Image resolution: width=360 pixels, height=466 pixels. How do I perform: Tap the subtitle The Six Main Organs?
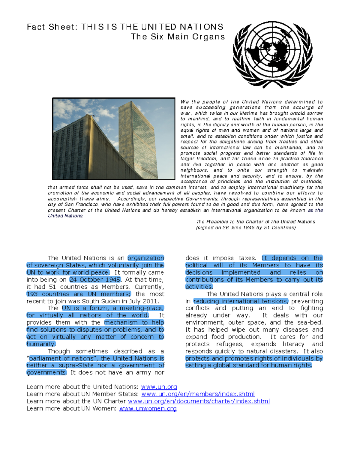tap(178, 37)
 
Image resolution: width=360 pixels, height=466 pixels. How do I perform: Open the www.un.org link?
tap(159, 387)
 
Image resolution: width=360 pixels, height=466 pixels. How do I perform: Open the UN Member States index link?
tap(198, 394)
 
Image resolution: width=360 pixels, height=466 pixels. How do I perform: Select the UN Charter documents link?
tap(199, 401)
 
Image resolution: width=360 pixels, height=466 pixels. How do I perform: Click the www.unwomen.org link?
tap(148, 409)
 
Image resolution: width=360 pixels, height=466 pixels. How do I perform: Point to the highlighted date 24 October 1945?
tap(95, 280)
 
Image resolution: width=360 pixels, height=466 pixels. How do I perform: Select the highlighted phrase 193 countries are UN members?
tap(79, 294)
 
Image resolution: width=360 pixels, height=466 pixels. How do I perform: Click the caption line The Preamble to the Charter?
tap(256, 222)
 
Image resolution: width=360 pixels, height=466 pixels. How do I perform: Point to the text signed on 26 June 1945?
tap(246, 228)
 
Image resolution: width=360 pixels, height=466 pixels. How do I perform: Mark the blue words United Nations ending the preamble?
tap(65, 216)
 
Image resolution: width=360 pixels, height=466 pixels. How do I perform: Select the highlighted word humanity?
tap(41, 344)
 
